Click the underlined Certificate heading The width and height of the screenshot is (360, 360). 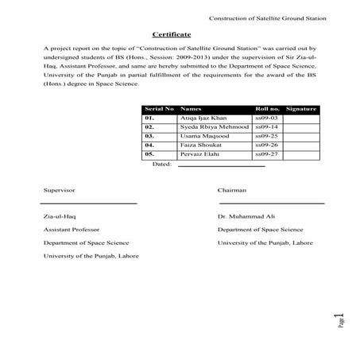[x=171, y=35]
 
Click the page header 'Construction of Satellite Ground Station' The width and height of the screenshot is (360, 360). [x=267, y=18]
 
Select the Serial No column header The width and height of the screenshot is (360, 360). [x=159, y=108]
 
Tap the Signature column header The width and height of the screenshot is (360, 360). [x=300, y=108]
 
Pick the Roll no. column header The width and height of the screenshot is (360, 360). [x=268, y=108]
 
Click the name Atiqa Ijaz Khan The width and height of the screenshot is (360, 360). [x=203, y=118]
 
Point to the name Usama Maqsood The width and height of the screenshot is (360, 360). [x=203, y=137]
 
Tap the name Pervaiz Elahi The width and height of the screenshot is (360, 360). [x=200, y=156]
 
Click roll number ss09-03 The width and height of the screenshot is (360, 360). [x=266, y=118]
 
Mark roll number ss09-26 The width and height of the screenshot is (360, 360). [x=266, y=146]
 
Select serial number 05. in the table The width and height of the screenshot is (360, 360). [x=149, y=156]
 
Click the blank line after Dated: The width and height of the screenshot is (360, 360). [x=219, y=167]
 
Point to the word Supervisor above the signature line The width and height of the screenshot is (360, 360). [x=60, y=191]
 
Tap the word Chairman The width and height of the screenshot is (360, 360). [x=231, y=191]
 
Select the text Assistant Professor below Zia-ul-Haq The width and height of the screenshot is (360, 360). [x=73, y=229]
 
